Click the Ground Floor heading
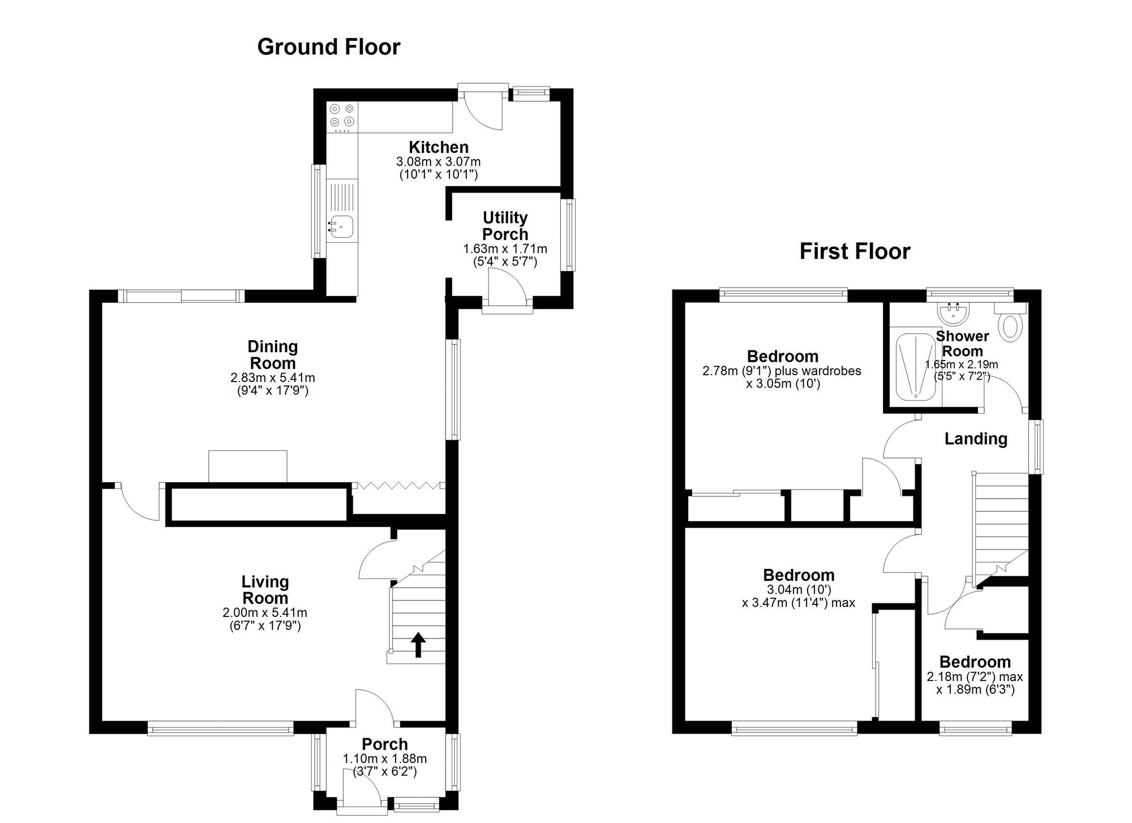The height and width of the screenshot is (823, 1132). click(329, 47)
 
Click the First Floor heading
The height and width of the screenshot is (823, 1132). click(855, 251)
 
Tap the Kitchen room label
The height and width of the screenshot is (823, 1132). click(439, 147)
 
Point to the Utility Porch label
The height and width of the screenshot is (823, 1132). click(505, 226)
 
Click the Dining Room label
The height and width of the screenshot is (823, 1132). click(273, 355)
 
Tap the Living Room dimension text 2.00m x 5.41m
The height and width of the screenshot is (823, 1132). click(265, 612)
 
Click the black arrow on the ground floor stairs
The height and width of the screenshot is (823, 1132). click(418, 645)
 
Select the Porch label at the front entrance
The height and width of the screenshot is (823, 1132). click(385, 744)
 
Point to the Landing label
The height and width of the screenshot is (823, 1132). click(976, 439)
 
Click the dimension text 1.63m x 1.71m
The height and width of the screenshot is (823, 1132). click(505, 249)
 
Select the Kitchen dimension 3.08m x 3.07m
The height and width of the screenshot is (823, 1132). click(439, 162)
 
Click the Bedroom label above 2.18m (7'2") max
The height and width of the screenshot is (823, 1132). click(975, 662)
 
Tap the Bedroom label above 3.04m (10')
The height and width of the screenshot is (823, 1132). click(799, 575)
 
